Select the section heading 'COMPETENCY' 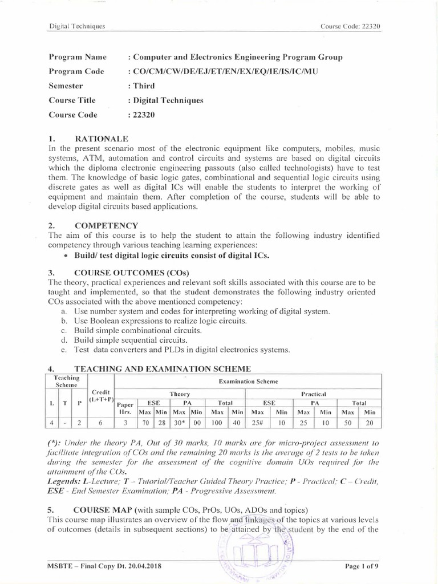pos(106,225)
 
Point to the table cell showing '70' pos(145,423)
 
